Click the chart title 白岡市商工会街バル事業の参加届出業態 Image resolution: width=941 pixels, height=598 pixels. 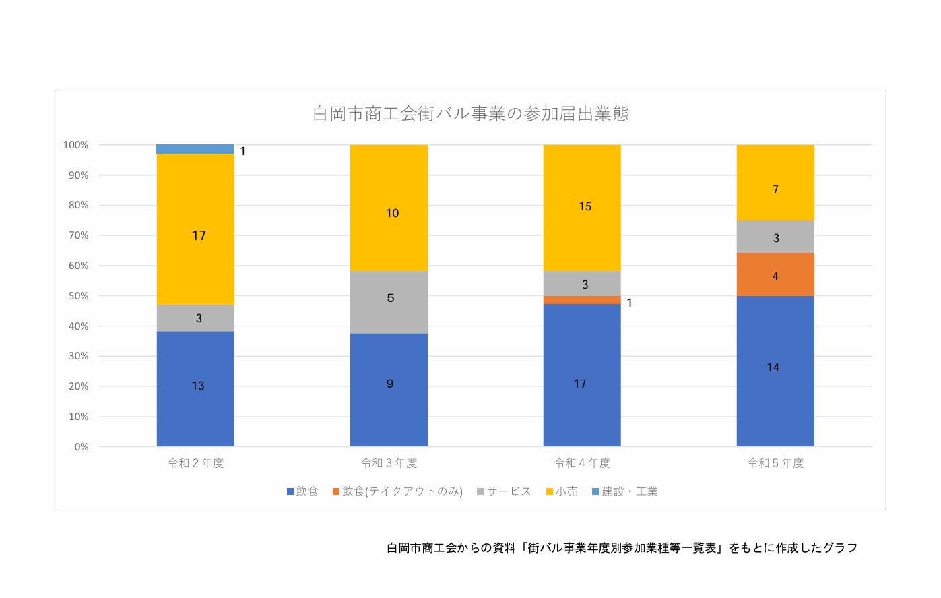tap(470, 113)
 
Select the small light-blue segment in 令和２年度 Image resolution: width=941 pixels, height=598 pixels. tap(195, 149)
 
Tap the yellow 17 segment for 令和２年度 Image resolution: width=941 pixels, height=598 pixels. tap(195, 229)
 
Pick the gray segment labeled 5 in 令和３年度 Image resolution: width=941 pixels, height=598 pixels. tap(389, 302)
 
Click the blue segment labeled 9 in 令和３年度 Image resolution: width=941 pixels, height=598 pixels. tap(389, 390)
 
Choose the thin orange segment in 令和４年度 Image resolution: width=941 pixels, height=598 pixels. tap(582, 300)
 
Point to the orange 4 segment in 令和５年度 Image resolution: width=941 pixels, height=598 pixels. tap(775, 274)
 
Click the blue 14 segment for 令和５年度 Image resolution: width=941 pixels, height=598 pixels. tap(775, 371)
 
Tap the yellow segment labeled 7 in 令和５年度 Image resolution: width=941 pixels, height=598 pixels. tap(775, 183)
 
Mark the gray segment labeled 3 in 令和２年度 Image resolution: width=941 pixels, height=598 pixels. tap(195, 318)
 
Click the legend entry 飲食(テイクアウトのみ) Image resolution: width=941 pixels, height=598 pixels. tap(397, 491)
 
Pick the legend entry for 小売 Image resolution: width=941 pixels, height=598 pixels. tap(562, 491)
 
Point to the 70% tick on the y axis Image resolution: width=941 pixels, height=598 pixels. tap(78, 235)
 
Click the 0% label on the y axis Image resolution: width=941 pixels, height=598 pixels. tap(82, 447)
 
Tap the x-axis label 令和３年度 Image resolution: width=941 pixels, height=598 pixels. tap(389, 463)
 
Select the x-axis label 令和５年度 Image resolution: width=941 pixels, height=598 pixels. tap(775, 463)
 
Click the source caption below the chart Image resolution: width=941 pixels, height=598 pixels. tap(622, 548)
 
